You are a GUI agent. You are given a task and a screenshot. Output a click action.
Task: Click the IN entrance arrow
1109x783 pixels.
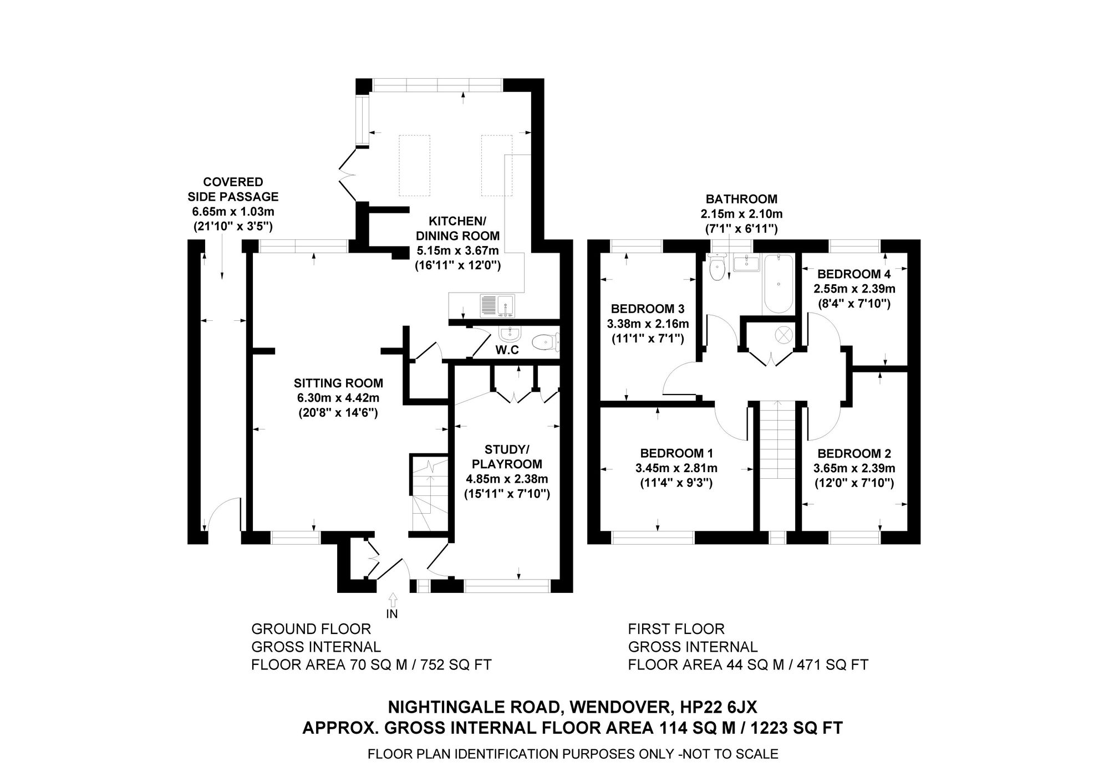(x=393, y=599)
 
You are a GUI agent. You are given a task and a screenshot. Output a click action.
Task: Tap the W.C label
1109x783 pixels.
(x=507, y=350)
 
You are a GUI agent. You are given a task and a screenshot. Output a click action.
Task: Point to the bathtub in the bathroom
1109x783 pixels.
(x=779, y=284)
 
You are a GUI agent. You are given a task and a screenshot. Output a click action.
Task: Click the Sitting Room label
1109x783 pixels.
(x=338, y=383)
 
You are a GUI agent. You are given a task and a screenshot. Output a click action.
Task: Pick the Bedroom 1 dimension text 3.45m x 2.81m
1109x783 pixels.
(x=676, y=468)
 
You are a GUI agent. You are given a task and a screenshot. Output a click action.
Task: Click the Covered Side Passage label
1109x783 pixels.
(x=233, y=189)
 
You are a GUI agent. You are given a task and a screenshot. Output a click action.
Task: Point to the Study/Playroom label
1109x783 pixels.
(x=507, y=456)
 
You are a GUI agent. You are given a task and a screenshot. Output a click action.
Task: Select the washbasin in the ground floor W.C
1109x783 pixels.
(x=509, y=334)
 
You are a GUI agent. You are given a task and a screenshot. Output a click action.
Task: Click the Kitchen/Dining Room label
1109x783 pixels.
(x=457, y=229)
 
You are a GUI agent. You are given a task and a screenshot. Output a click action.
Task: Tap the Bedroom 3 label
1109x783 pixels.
(x=648, y=309)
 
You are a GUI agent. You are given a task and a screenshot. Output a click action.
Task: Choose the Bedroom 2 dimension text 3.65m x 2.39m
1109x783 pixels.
(x=854, y=468)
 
